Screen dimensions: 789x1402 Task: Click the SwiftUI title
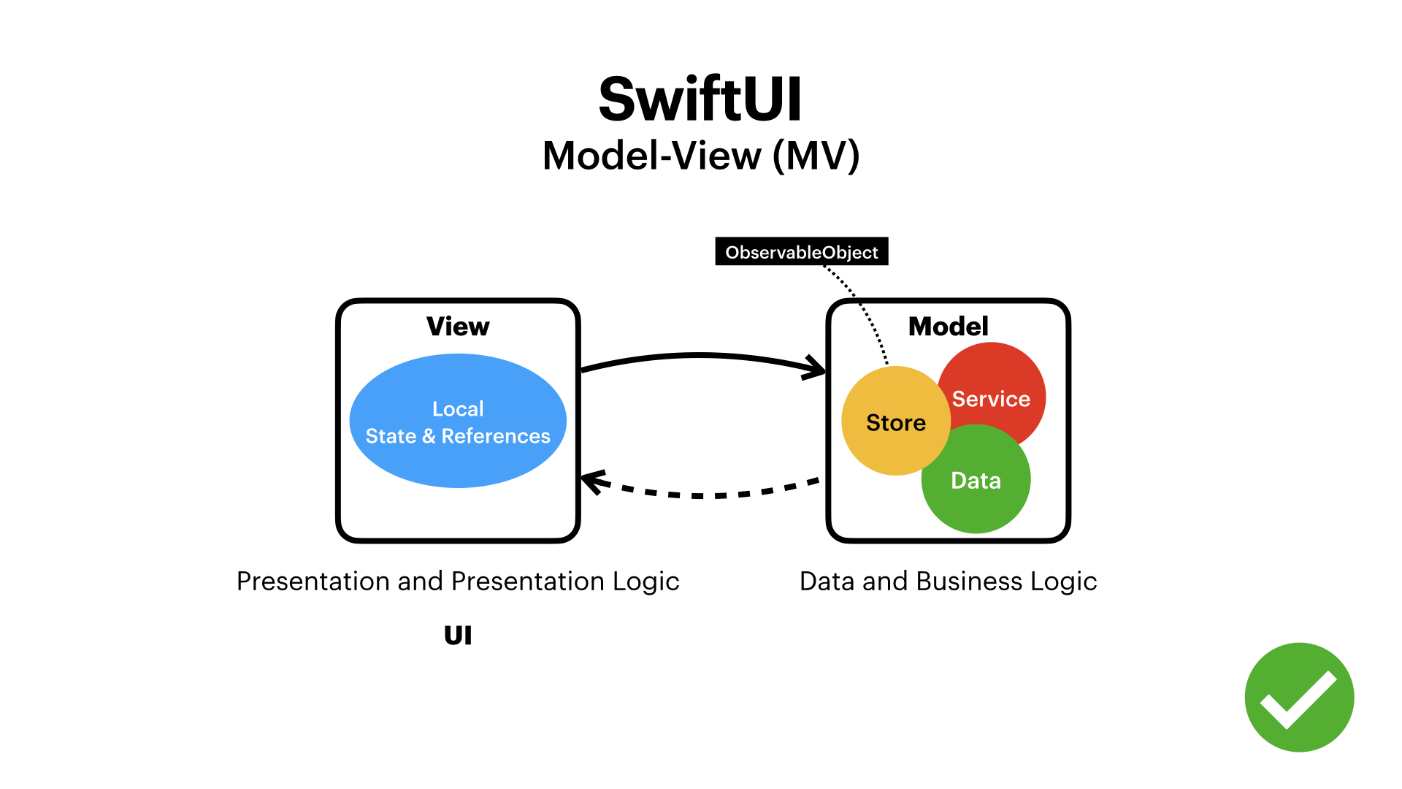click(700, 99)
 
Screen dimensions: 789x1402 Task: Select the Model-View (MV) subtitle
click(700, 156)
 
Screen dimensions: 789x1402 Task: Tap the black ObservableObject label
click(801, 252)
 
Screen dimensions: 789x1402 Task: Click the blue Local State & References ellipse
click(458, 460)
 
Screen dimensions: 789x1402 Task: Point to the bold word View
click(458, 327)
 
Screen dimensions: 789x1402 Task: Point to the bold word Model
click(948, 327)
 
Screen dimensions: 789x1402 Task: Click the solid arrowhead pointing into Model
click(816, 367)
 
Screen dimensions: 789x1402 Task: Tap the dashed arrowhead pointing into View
click(591, 482)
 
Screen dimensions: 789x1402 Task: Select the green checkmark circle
click(1299, 697)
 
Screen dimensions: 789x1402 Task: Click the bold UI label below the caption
click(458, 636)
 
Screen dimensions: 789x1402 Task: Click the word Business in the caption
click(969, 582)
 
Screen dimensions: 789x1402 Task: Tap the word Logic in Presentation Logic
click(646, 582)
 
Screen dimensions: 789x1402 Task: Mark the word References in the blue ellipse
click(496, 436)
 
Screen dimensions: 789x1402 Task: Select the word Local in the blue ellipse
click(458, 409)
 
